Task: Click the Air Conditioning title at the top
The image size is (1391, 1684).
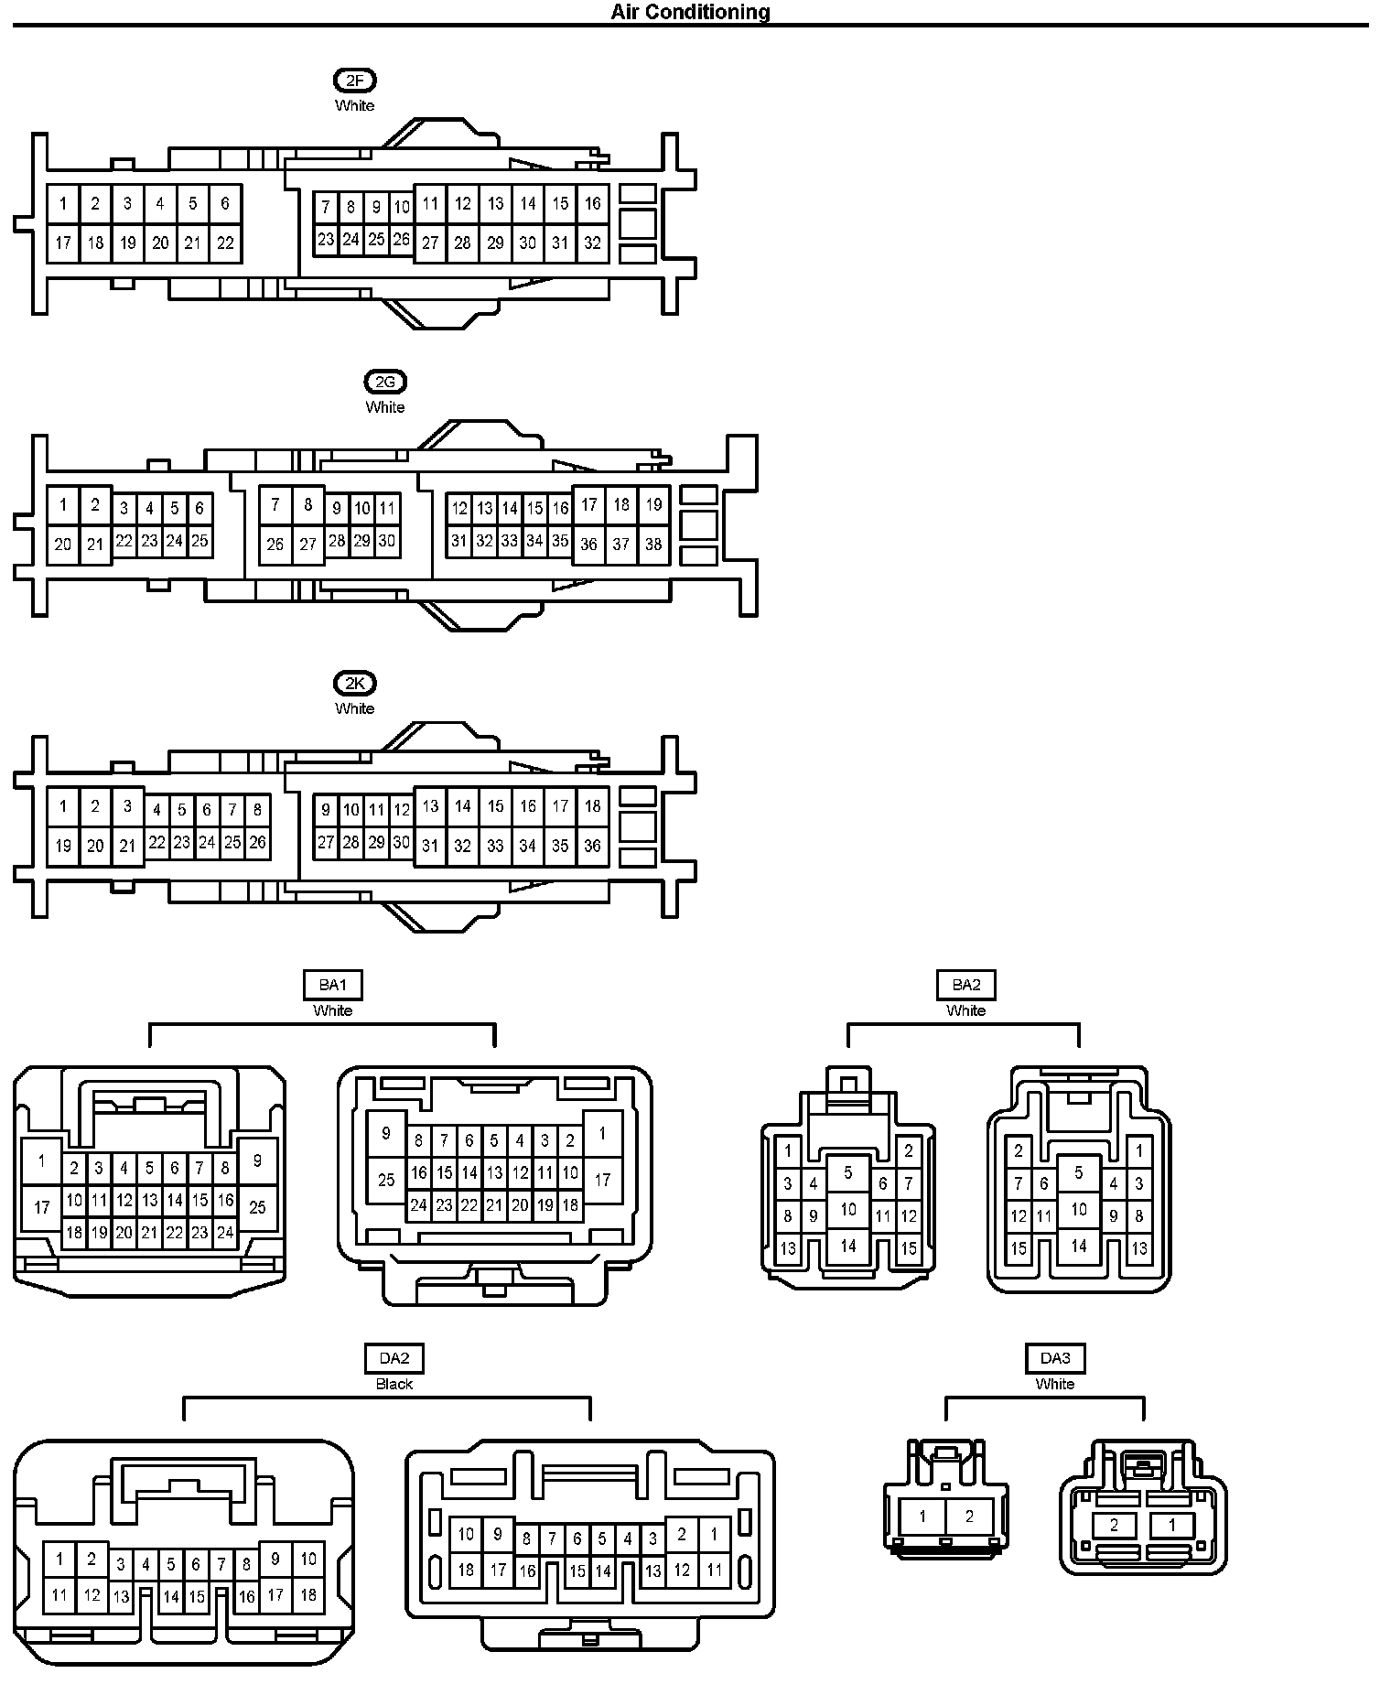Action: tap(690, 12)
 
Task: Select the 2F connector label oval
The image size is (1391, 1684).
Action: tap(354, 81)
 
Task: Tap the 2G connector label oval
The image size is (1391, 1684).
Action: tap(384, 383)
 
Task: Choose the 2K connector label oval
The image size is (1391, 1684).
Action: tap(354, 684)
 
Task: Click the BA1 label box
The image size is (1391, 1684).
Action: tap(332, 986)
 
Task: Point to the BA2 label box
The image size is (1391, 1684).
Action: tap(965, 986)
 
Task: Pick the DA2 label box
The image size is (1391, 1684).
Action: tap(394, 1359)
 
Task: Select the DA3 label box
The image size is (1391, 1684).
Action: tap(1054, 1359)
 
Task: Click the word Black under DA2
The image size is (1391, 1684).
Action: tap(394, 1384)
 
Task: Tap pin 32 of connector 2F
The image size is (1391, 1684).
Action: tap(592, 243)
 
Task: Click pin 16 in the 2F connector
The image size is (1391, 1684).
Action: tap(592, 203)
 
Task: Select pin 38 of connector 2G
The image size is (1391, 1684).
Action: tap(652, 545)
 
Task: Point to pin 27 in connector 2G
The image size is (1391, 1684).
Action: tap(307, 545)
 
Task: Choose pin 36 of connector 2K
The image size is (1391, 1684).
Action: tap(592, 846)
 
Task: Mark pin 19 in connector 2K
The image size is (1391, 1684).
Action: tap(62, 846)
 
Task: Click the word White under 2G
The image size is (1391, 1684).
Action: tap(384, 407)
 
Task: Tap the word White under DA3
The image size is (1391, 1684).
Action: tap(1054, 1384)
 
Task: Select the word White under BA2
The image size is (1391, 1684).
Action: tap(965, 1010)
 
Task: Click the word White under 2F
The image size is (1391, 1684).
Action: tap(354, 106)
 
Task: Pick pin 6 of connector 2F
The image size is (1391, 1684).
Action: tap(225, 203)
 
